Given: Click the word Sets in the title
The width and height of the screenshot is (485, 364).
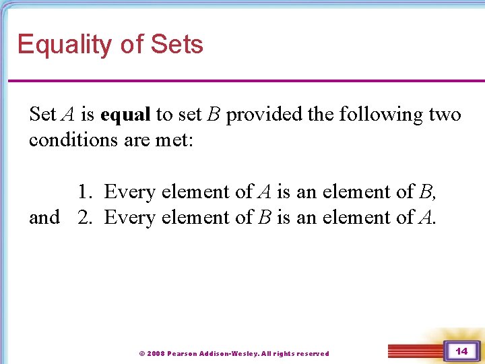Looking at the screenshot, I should point(177,44).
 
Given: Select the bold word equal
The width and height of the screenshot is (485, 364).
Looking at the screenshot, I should point(125,115).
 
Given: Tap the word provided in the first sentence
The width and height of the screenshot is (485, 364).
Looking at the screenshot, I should point(264,115).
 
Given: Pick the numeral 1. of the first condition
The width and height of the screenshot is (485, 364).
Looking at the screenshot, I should point(84,192).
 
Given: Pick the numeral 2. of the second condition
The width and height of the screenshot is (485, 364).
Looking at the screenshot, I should point(84,218).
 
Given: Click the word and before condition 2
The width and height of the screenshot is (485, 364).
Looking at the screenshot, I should point(44,218).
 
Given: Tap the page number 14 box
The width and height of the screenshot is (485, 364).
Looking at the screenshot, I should point(461,351).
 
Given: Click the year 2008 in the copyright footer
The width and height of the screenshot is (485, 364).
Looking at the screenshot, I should point(156,353).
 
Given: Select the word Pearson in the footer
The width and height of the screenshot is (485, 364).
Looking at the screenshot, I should point(183,353).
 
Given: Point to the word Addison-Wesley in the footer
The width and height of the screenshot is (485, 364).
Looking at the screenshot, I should point(228,353).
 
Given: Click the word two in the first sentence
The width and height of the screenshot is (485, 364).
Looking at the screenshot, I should point(445,115).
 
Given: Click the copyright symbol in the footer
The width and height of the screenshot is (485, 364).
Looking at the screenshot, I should point(141,353).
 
